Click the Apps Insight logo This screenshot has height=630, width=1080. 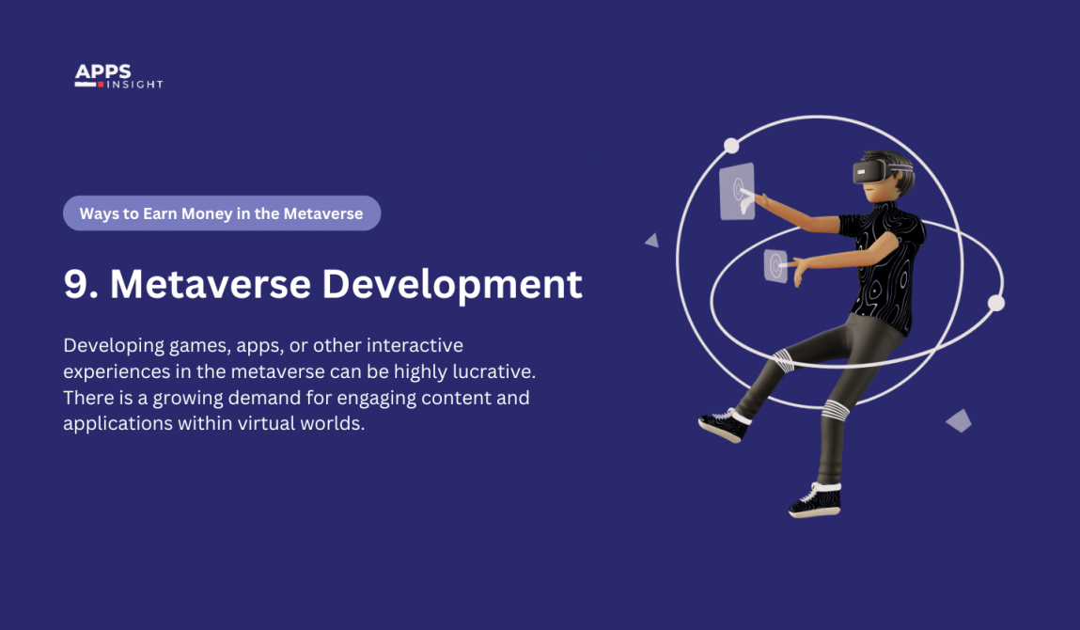(x=118, y=77)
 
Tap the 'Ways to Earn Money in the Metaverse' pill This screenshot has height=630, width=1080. (x=221, y=213)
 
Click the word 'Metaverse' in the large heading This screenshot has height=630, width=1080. (x=211, y=284)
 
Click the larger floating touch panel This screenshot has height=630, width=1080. (x=737, y=192)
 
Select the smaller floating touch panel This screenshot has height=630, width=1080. (x=775, y=265)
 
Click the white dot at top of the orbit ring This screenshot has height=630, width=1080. (x=731, y=146)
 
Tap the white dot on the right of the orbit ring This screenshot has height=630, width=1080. (x=996, y=303)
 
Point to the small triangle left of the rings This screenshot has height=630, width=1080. (x=652, y=241)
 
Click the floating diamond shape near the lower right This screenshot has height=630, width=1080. (x=958, y=420)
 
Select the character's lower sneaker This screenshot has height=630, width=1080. (x=814, y=500)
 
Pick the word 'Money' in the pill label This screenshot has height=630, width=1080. (x=200, y=213)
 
